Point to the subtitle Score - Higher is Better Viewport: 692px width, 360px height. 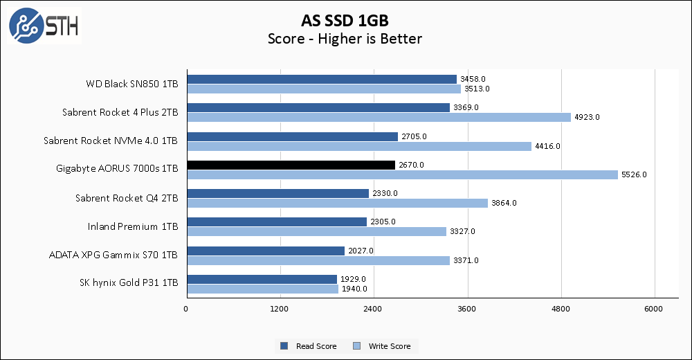[x=345, y=39]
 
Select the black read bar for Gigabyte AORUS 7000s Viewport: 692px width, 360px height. [x=291, y=165]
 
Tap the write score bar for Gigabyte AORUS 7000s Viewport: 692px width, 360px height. [x=401, y=174]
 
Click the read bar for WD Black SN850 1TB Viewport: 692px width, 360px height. [x=321, y=79]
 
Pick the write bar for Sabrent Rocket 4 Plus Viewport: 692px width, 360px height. [x=379, y=117]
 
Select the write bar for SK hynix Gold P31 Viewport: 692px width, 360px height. [x=262, y=289]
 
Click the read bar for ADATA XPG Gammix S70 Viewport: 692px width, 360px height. [x=265, y=251]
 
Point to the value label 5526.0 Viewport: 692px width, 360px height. [x=634, y=174]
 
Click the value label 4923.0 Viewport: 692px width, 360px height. [x=587, y=117]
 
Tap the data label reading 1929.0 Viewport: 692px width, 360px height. [x=352, y=279]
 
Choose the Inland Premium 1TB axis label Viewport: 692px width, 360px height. [x=133, y=226]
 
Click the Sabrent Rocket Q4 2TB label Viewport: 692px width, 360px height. [x=127, y=198]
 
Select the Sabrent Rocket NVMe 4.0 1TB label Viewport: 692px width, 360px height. [x=111, y=141]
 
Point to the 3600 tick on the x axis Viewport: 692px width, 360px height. [x=467, y=308]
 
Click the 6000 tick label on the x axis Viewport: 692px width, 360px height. [x=655, y=308]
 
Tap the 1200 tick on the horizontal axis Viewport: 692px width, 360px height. [x=280, y=308]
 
